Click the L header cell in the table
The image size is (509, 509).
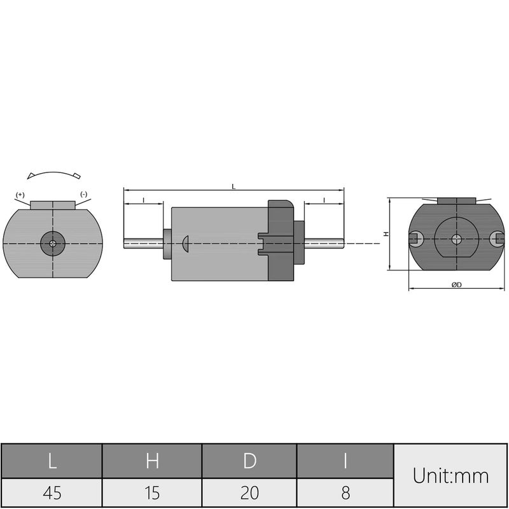[52, 460]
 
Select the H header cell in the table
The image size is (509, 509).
[152, 460]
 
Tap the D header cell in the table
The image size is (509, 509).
[249, 460]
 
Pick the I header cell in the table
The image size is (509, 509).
[345, 460]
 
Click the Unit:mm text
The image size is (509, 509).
[450, 476]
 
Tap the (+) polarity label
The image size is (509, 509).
[20, 194]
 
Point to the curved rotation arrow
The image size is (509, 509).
[53, 174]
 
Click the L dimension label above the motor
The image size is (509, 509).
[234, 186]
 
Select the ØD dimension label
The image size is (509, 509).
[456, 285]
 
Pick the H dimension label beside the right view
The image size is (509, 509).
[386, 234]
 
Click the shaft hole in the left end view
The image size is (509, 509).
[53, 242]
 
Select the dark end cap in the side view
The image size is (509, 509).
[280, 242]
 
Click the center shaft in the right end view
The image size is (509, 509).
[456, 239]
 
